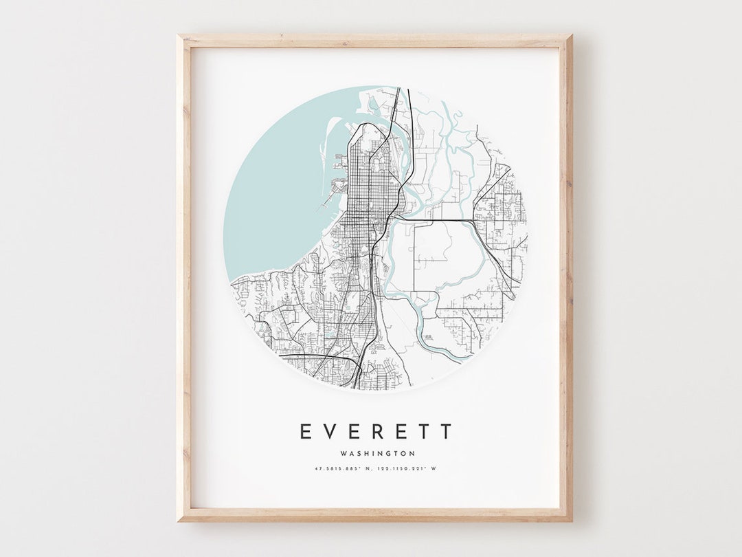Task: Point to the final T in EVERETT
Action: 447,432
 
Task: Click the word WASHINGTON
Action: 377,454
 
